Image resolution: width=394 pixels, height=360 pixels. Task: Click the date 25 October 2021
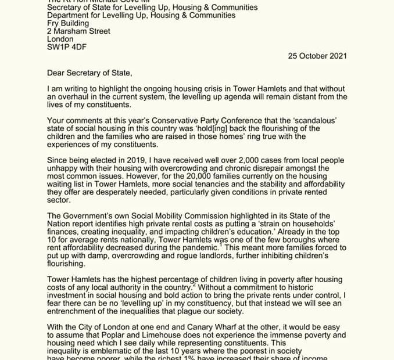coord(317,56)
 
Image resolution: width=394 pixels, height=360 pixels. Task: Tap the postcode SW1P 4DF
coord(66,47)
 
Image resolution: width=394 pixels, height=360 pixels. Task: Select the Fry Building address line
coord(68,23)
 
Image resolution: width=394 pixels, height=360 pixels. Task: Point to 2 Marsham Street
coord(78,31)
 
